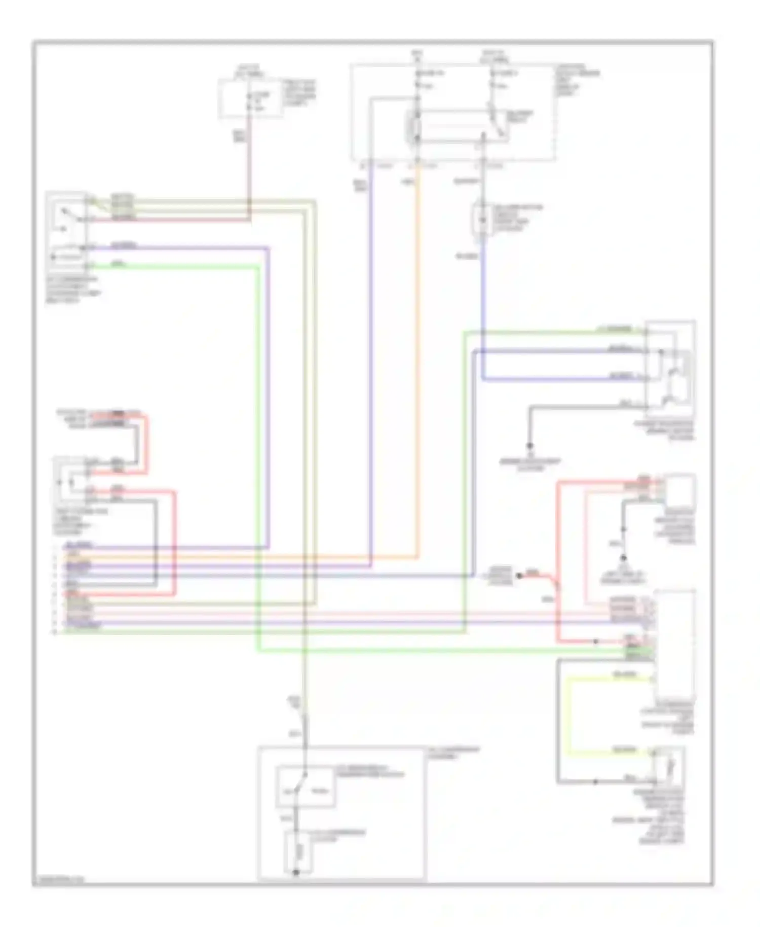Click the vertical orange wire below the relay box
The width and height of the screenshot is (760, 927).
(x=418, y=355)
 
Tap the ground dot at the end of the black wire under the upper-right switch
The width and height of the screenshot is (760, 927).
(x=530, y=446)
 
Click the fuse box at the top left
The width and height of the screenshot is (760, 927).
(x=250, y=98)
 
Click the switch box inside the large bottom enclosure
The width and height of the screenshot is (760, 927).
(x=305, y=786)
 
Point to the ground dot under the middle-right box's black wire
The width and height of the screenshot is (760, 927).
(x=624, y=558)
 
